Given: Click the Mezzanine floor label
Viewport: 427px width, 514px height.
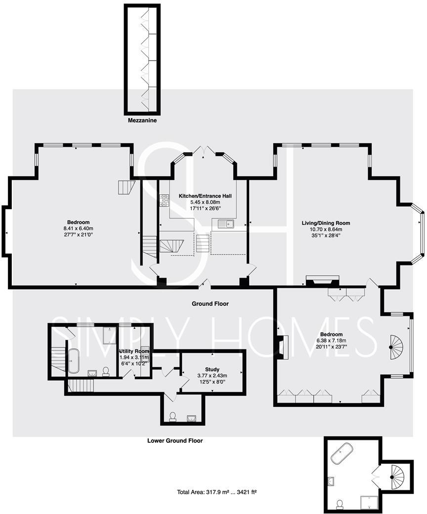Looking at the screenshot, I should pos(142,120).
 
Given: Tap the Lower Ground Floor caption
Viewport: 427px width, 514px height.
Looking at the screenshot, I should pos(175,440).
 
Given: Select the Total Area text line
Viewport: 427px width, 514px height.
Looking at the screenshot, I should pos(216,492).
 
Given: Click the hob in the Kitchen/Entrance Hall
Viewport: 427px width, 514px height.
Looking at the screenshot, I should pos(164,200).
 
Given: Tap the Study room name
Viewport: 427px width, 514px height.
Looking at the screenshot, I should pos(212,369).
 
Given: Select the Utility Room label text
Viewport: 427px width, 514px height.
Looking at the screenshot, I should pos(134,351).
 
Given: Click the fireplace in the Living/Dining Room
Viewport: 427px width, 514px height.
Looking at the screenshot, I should pos(323,281).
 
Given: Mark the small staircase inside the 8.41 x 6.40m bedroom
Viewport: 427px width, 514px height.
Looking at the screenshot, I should pos(127,187).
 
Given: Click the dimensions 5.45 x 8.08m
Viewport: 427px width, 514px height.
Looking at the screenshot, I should pos(205,202).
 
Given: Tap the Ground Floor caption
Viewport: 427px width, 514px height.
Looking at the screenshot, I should pos(210,304).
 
